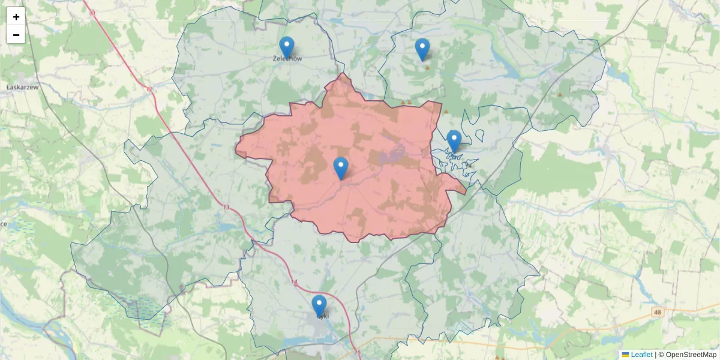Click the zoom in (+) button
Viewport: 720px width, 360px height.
(16, 17)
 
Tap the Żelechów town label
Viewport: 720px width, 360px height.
(287, 59)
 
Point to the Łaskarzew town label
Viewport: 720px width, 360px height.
(22, 87)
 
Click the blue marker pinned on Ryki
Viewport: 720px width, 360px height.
(319, 305)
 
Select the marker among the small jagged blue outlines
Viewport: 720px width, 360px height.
(454, 141)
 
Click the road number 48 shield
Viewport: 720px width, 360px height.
(658, 312)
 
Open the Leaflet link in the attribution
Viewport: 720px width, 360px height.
(641, 355)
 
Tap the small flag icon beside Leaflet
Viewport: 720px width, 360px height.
(626, 355)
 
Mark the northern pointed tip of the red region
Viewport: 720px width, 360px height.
(343, 74)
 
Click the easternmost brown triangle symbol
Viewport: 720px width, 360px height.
(560, 94)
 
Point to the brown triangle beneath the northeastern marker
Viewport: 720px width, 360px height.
(427, 67)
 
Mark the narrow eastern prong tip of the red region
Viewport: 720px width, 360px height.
(466, 192)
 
